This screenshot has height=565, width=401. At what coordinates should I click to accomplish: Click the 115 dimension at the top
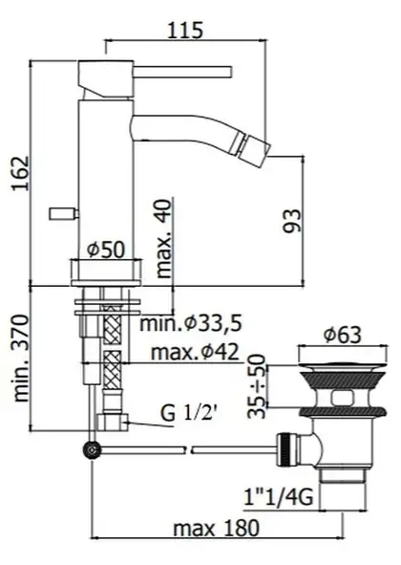coord(185,30)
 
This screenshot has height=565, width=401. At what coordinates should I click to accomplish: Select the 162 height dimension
coord(20,173)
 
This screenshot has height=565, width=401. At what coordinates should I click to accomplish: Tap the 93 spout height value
coord(291,221)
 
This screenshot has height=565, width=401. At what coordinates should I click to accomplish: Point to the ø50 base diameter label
coord(107,249)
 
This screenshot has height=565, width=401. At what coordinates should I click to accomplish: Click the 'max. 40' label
coord(164,239)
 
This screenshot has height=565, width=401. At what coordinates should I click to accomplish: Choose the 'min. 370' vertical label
coord(20,359)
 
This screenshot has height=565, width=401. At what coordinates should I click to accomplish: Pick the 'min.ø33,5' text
coord(191,323)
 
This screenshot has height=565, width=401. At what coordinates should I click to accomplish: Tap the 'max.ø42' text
coord(195,352)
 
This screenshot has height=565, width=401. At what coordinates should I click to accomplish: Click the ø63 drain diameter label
coord(342,335)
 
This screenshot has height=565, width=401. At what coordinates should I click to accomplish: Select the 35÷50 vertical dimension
coord(257,386)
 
